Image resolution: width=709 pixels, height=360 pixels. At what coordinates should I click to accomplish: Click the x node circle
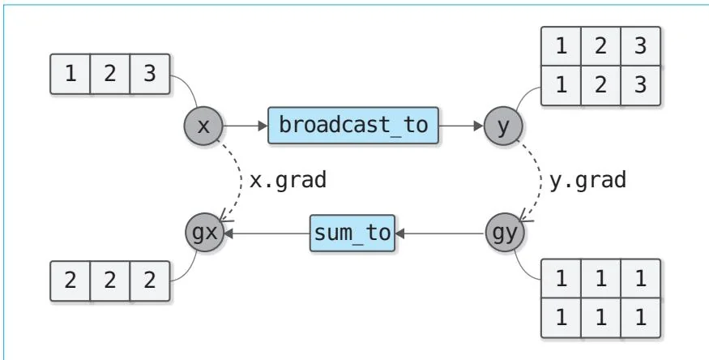203,126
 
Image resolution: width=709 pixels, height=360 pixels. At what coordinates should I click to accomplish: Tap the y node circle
504,126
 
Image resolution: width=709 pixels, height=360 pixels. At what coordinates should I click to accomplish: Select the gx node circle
203,233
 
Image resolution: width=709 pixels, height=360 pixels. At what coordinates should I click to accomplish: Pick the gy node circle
504,233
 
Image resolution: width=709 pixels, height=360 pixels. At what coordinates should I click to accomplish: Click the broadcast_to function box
352,126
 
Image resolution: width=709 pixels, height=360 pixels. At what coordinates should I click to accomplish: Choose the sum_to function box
352,233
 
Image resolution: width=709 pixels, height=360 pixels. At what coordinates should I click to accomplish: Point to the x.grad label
288,180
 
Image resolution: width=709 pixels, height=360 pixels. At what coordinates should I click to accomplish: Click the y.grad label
588,180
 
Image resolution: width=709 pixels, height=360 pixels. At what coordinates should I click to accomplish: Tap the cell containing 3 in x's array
150,74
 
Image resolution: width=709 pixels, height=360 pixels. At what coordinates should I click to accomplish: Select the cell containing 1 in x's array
70,74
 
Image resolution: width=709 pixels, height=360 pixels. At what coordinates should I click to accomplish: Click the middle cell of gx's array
110,281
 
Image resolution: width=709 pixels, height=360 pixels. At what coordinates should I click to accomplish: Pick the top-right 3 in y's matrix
640,47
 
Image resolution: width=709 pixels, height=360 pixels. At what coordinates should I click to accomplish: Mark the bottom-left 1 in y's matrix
561,84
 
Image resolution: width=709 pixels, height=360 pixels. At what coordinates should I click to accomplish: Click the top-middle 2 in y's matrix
600,47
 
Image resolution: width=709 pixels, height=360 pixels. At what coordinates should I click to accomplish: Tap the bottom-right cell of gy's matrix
640,316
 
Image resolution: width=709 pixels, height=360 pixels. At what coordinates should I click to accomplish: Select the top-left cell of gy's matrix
561,280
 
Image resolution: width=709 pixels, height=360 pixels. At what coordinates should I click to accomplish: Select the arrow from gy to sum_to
442,233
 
